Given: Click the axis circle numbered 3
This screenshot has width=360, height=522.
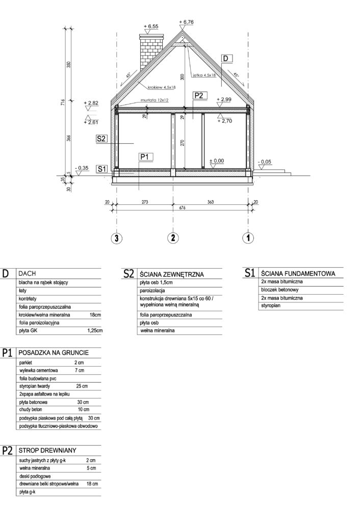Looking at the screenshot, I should [117, 238].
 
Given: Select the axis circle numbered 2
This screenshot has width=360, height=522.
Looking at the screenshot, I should [174, 238].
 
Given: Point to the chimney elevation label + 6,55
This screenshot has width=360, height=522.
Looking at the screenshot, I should [151, 25].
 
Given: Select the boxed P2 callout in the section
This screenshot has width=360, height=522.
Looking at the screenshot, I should [199, 95].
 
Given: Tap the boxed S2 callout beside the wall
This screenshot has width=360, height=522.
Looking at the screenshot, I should [100, 138].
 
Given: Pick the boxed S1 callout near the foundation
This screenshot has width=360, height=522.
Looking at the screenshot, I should [101, 168].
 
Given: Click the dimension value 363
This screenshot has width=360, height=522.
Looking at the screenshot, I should [211, 201].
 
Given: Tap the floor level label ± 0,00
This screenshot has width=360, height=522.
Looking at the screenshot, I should [217, 161].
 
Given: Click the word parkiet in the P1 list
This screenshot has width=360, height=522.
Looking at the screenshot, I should [25, 361].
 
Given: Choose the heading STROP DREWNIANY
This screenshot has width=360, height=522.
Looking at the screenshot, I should [47, 451].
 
